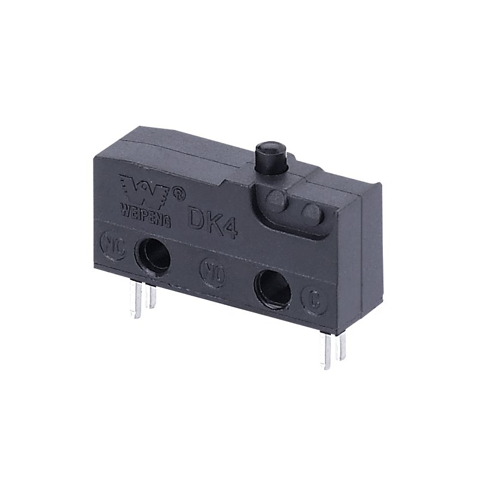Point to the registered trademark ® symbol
[x=178, y=193]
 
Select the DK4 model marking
[x=213, y=222]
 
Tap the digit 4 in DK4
[x=230, y=227]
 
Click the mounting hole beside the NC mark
[x=153, y=255]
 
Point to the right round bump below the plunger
[x=310, y=212]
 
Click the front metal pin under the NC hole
[x=137, y=301]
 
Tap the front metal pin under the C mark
[x=326, y=352]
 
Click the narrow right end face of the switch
[x=366, y=256]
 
